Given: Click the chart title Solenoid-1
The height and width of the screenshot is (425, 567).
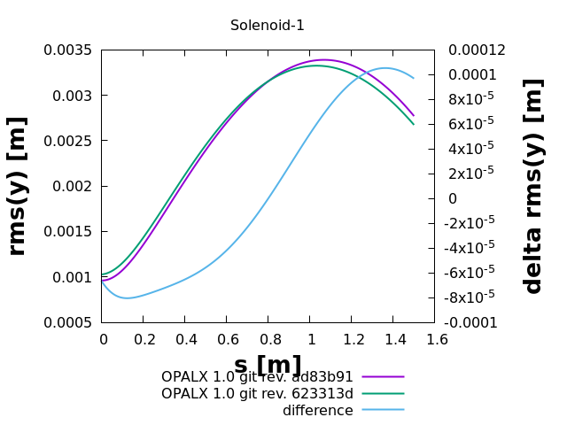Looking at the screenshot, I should coord(268,26).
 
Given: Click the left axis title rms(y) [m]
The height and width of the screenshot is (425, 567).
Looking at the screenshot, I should coord(18,186).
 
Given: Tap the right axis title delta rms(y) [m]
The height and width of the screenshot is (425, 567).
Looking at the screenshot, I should coord(533,186).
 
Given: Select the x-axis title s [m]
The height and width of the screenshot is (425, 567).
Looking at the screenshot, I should coord(268,365).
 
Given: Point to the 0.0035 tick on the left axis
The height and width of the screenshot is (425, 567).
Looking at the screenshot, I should coord(68,50).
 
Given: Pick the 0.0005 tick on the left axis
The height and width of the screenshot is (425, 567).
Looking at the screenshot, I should coord(68,322).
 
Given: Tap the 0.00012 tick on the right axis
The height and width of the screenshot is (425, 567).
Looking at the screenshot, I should coord(477,50).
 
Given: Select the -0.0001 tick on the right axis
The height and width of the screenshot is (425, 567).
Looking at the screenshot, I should coord(473,322).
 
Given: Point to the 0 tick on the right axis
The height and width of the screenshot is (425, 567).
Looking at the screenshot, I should coord(453,198).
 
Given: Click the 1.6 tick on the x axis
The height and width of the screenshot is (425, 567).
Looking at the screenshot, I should coord(435,339).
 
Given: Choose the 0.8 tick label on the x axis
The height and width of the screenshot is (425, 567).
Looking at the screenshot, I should coord(268,339).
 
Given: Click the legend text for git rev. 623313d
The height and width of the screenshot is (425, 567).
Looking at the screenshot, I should coord(257,393).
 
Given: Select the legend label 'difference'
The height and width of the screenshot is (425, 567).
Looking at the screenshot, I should coord(317,410).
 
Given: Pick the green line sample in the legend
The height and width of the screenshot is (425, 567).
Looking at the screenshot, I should coord(383,393).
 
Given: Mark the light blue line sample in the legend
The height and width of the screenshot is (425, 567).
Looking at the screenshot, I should coord(383,410).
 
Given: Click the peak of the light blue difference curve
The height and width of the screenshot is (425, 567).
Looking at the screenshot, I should coord(386,67).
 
